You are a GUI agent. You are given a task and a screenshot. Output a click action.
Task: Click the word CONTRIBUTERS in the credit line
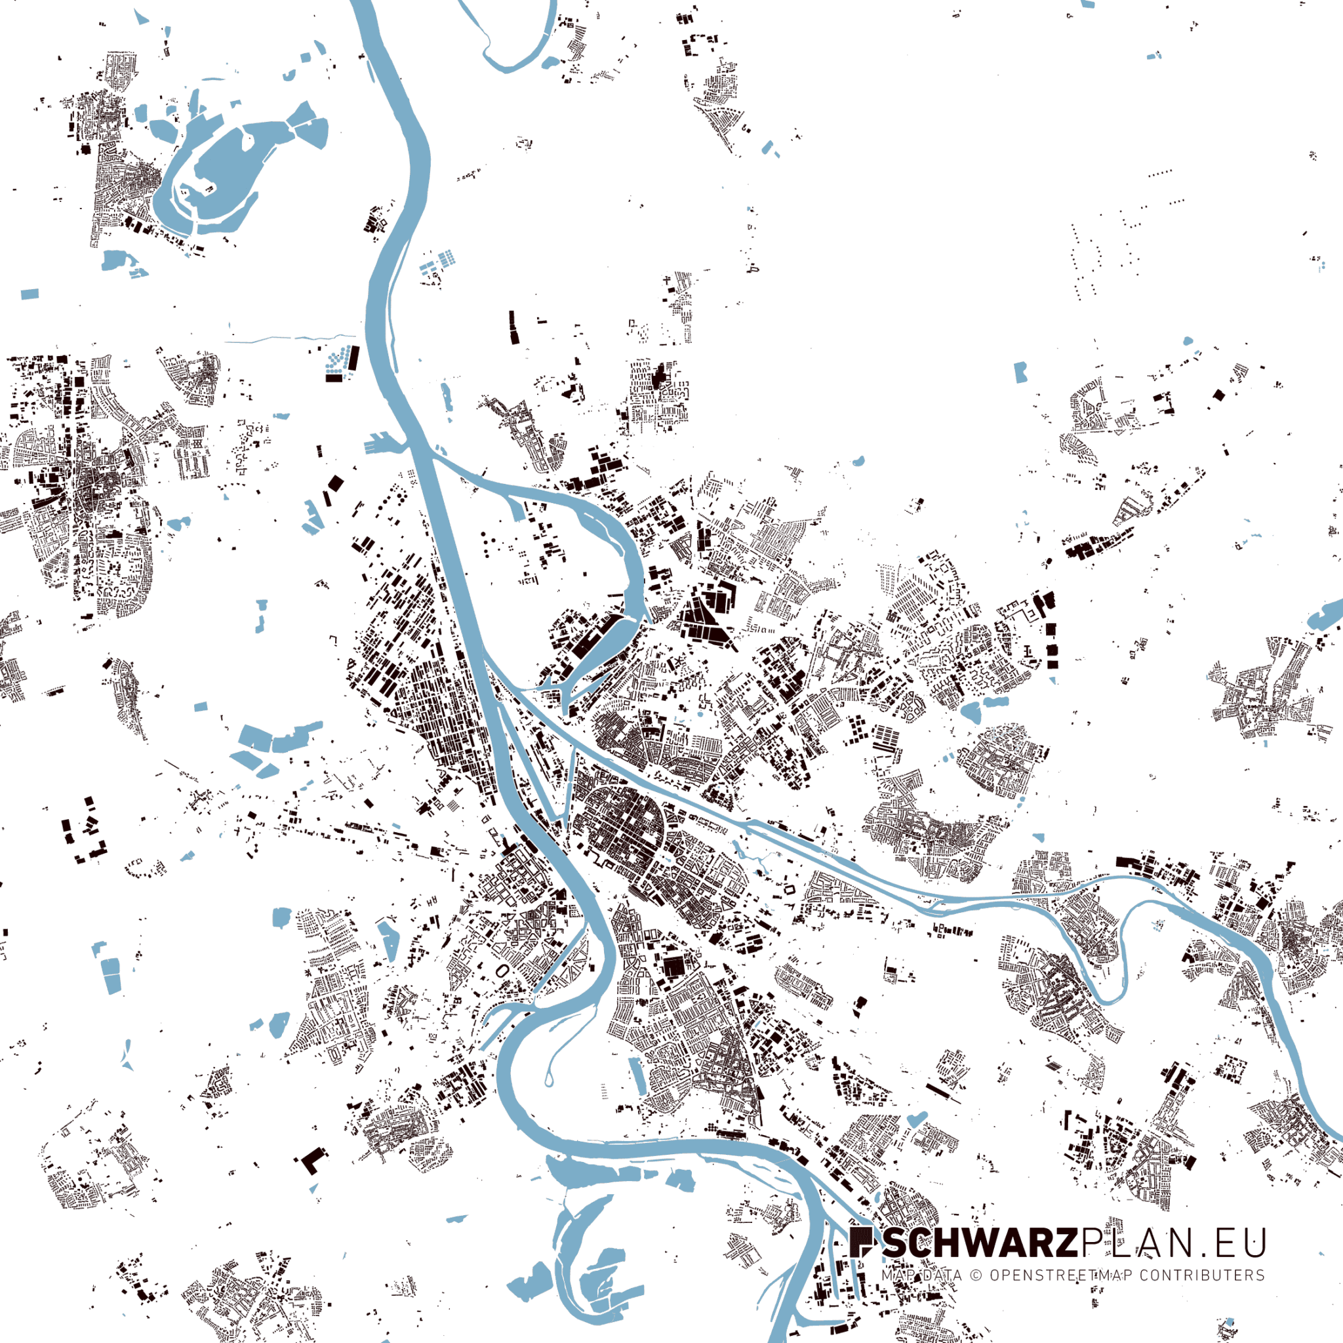[x=1202, y=1275]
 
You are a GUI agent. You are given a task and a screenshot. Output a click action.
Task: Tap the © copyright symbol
[x=976, y=1275]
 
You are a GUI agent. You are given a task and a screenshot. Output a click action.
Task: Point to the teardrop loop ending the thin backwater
[x=549, y=1078]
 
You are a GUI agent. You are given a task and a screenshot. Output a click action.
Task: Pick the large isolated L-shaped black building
[x=311, y=1159]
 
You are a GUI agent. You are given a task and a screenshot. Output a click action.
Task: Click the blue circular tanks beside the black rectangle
[x=336, y=363]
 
